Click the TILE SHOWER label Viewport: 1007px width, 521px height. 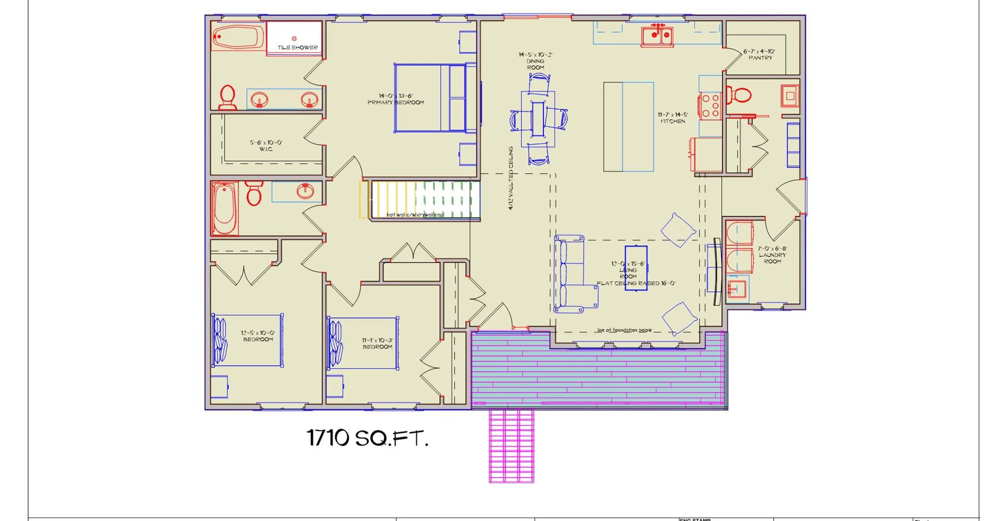coord(297,48)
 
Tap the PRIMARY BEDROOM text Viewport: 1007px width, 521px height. coord(395,102)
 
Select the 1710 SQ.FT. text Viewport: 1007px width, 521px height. coord(367,438)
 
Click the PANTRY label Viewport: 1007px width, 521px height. coord(760,58)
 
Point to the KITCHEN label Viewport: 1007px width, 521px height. coord(673,121)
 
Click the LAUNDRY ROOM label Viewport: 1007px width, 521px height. coord(772,258)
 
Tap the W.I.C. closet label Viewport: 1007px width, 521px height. coord(266,149)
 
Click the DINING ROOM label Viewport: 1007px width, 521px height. coord(535,64)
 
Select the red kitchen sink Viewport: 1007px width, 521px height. coord(657,35)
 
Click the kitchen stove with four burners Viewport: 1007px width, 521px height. coord(710,106)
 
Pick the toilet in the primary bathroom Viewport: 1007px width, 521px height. coord(227,96)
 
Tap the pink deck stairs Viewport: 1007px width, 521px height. coord(511,446)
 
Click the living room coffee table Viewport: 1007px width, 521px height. coord(636,268)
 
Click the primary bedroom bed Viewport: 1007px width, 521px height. coord(430,98)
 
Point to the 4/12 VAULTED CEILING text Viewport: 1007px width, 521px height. coord(511,178)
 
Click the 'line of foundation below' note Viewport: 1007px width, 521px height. coord(624,330)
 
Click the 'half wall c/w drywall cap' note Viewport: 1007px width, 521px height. coord(415,215)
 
